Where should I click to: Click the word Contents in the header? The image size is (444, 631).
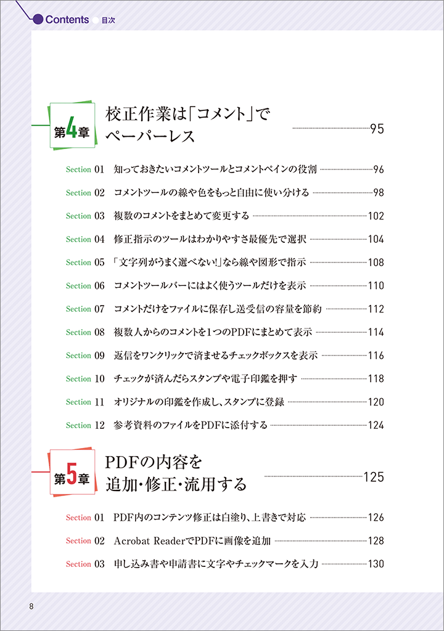click(x=67, y=19)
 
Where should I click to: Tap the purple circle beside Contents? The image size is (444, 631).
click(x=38, y=19)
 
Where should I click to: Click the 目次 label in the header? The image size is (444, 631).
click(x=109, y=20)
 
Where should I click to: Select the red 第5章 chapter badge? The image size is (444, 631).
click(x=73, y=471)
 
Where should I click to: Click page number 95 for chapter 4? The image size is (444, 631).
click(x=377, y=129)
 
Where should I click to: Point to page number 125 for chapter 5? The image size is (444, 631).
click(x=374, y=477)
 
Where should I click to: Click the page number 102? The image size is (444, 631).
click(x=376, y=216)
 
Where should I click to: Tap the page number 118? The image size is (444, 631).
click(x=376, y=379)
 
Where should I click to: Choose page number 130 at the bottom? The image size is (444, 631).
click(x=376, y=564)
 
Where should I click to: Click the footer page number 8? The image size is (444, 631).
click(x=31, y=606)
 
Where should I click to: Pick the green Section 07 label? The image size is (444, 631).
click(x=85, y=309)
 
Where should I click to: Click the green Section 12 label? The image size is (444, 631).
click(x=85, y=425)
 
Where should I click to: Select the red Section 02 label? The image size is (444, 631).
click(x=85, y=541)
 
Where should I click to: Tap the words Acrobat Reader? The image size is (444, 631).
click(x=150, y=541)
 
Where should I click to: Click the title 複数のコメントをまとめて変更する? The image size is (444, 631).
click(x=181, y=216)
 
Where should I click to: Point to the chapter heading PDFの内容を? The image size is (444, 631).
click(x=153, y=462)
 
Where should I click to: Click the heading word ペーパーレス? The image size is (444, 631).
click(x=150, y=136)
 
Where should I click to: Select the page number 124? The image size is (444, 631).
click(x=376, y=425)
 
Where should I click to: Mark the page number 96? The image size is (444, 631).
click(x=379, y=169)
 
